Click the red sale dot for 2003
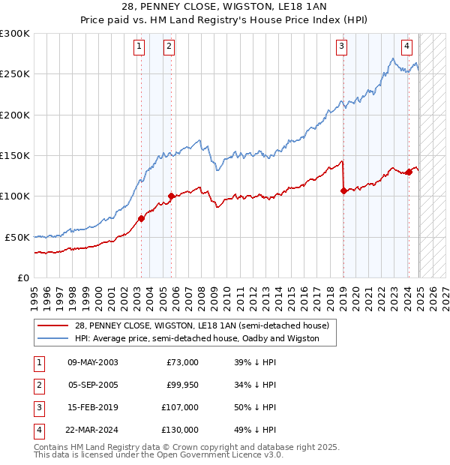point(141,218)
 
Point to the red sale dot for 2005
point(171,196)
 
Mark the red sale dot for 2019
point(343,190)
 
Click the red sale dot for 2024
point(409,172)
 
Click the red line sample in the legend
point(53,326)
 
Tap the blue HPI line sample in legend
point(53,338)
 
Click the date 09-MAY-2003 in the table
point(93,362)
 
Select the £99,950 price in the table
point(181,385)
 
